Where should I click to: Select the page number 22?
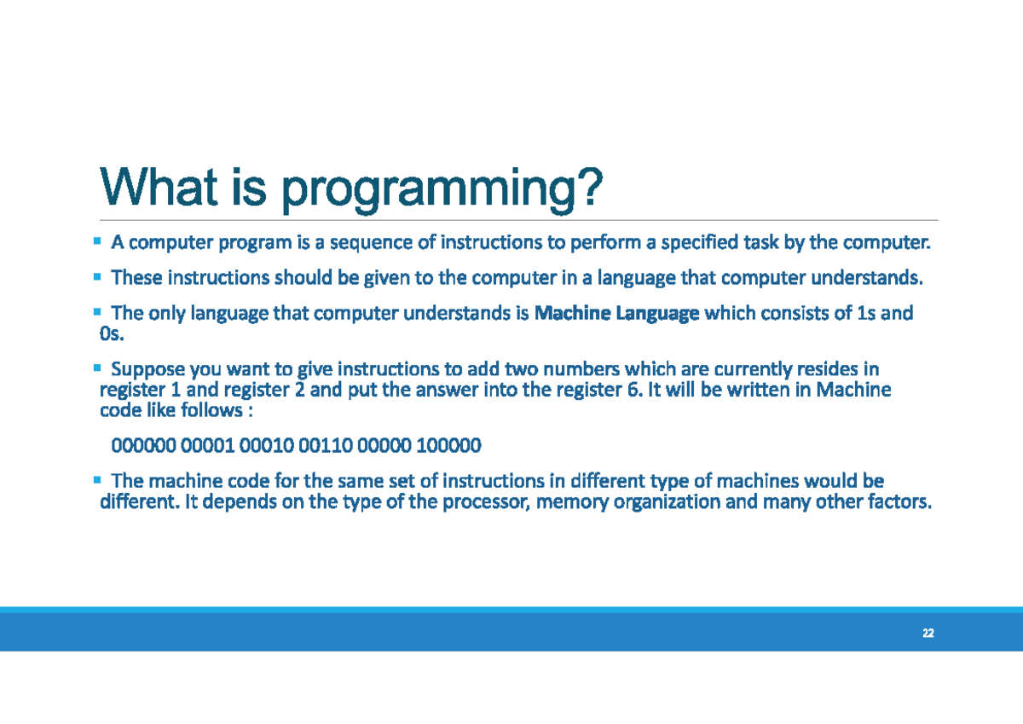(928, 634)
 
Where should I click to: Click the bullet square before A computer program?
(97, 242)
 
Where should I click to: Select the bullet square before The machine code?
(97, 479)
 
